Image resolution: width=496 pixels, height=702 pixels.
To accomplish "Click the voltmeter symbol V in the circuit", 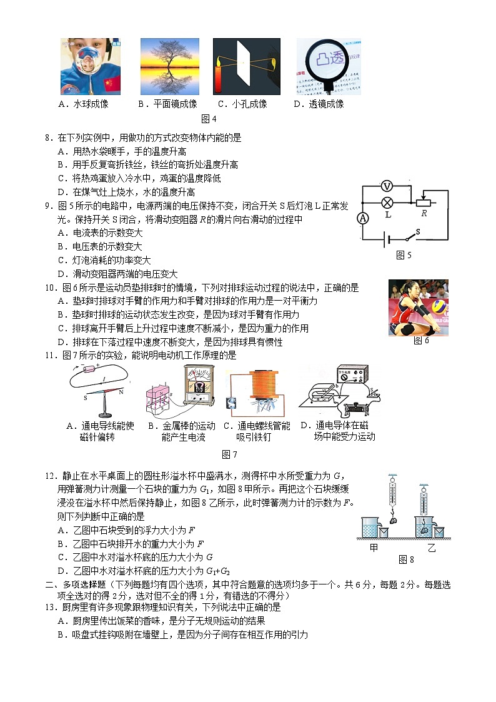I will pos(387,186).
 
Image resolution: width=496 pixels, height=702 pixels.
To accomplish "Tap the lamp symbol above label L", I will pos(387,202).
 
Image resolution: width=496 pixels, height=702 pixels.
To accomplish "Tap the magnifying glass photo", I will pos(328,66).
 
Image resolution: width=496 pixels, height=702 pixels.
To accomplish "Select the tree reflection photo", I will pos(169,66).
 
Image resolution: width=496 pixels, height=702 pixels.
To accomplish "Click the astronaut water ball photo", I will pos(90,66).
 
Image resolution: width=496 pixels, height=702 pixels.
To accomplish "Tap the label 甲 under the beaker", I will pos(374,548).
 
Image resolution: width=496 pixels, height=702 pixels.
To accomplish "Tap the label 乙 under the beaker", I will pos(431,548).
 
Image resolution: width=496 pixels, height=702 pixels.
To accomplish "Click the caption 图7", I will pos(229,454).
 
